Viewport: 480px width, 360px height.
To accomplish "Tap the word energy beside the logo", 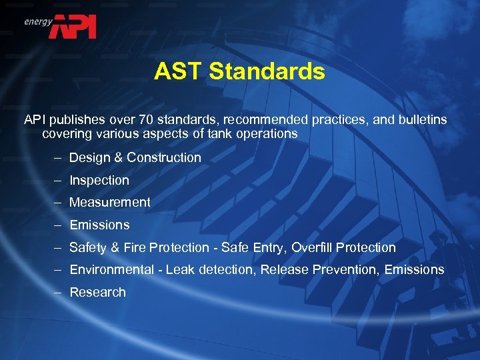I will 39,21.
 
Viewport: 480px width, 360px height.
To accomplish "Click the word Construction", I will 164,157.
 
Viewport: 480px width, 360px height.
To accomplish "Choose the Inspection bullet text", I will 99,180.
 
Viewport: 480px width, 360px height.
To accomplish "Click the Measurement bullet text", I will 110,202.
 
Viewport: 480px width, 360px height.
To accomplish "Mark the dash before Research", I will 58,292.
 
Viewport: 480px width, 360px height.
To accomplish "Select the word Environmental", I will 111,269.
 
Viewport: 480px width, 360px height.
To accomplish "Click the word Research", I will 97,292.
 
